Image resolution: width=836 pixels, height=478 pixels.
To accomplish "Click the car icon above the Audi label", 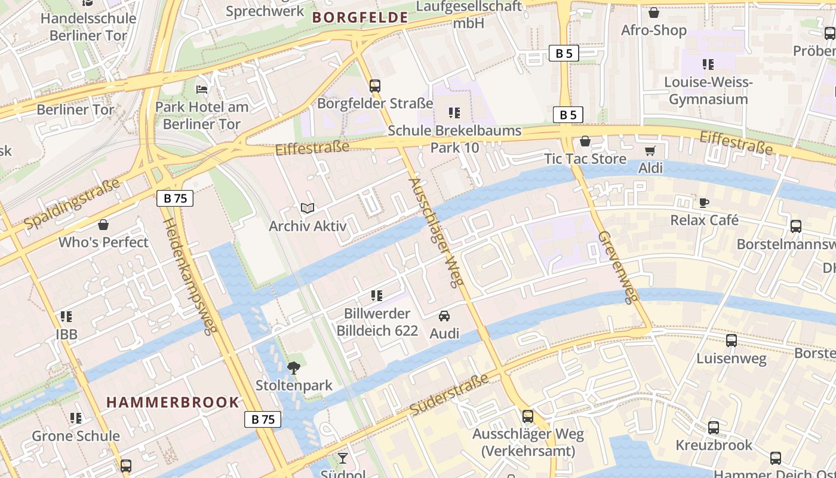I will (x=444, y=316).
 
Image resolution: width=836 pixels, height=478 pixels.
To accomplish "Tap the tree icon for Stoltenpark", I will (x=293, y=368).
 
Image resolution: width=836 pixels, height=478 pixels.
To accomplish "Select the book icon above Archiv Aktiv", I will (x=308, y=209).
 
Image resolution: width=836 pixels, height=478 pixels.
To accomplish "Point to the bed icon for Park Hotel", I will (x=202, y=90).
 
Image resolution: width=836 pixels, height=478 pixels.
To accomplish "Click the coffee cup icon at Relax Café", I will (x=704, y=203).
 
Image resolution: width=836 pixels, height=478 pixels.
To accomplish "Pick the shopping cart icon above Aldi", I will (x=650, y=151).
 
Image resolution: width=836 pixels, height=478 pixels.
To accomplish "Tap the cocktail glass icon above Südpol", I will (x=342, y=458).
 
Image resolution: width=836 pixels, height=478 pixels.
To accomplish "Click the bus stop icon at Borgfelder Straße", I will (x=375, y=86).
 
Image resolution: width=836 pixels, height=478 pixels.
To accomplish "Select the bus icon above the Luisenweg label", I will (x=731, y=341).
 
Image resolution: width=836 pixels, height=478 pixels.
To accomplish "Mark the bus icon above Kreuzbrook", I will (x=714, y=428).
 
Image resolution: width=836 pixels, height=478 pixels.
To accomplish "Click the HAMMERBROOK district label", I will (x=173, y=402).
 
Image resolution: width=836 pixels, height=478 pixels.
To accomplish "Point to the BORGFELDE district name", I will (x=360, y=18).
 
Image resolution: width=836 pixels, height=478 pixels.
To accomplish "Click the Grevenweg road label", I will (x=618, y=267).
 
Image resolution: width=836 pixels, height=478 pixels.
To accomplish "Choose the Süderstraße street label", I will (x=450, y=395).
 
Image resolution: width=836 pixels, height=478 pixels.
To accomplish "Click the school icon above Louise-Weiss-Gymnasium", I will (x=708, y=65).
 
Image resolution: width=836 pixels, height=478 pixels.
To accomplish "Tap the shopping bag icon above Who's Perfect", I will (x=103, y=225).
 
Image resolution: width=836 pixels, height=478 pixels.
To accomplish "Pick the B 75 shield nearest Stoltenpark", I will (x=263, y=419).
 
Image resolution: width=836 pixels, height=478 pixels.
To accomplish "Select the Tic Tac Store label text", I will (x=585, y=159).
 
